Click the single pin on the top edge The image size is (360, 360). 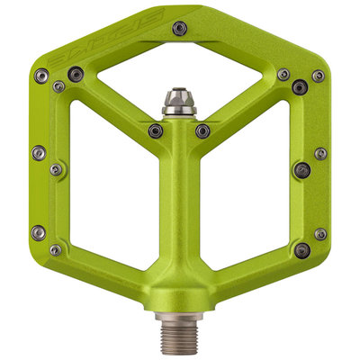(180, 28)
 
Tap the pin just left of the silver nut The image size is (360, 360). (156, 130)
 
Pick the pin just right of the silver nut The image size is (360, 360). (204, 130)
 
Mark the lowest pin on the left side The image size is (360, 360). (56, 249)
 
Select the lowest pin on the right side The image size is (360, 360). (303, 249)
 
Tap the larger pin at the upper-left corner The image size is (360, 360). (75, 73)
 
